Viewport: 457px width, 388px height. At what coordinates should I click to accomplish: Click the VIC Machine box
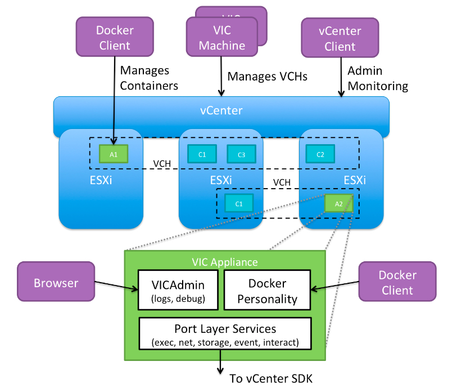[221, 38]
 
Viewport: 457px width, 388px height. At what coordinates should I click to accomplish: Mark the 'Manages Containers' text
[148, 78]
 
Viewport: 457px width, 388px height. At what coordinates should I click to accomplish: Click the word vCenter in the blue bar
[221, 110]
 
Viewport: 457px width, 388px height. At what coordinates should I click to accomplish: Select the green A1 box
[114, 154]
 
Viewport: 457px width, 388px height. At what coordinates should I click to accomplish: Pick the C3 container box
[241, 154]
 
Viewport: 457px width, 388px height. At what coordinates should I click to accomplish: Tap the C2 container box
[320, 154]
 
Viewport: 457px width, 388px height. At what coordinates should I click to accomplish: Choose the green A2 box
[338, 203]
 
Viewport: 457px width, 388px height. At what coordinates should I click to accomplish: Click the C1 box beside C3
[202, 154]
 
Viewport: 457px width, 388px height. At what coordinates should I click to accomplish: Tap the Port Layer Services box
[225, 335]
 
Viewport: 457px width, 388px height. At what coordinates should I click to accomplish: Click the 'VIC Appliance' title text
[224, 262]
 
